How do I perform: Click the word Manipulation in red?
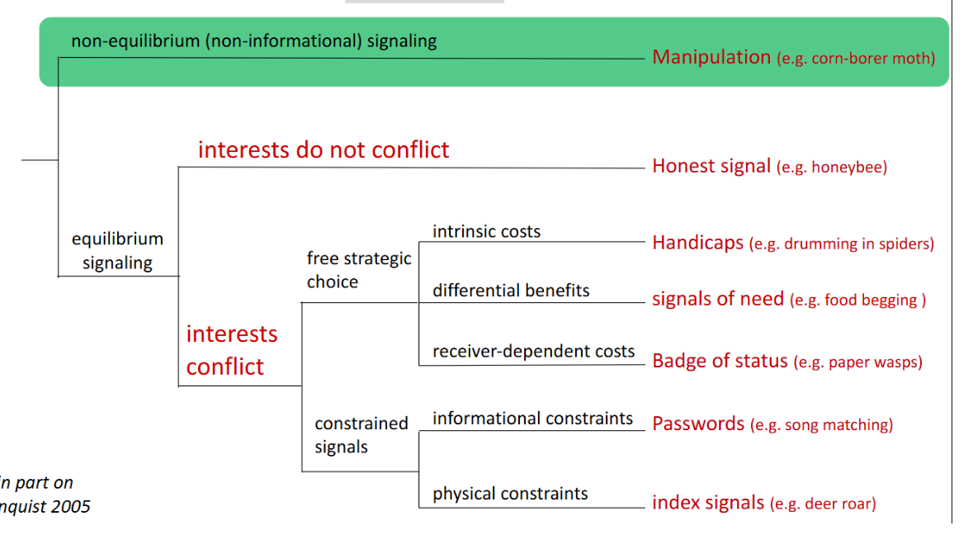pos(711,57)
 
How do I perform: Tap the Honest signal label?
pos(711,166)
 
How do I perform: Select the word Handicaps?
pos(697,243)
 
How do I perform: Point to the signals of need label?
pos(718,299)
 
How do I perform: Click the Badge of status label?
pos(720,361)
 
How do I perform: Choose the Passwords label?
pos(698,424)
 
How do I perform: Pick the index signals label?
pos(708,502)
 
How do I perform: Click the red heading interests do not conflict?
pos(324,149)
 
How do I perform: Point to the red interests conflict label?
pos(231,350)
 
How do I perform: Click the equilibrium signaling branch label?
pos(117,251)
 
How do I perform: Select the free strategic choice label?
pos(358,270)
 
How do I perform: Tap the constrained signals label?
pos(361,435)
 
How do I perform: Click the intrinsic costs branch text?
pos(486,231)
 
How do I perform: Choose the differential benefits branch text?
pos(511,291)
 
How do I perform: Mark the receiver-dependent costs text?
pos(533,351)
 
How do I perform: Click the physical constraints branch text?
pos(510,494)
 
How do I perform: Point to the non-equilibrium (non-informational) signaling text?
pos(253,40)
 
